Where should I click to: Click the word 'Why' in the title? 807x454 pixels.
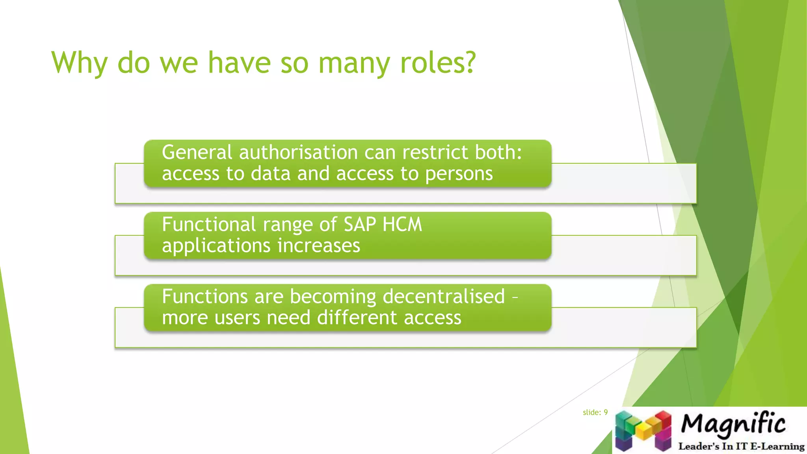pyautogui.click(x=79, y=63)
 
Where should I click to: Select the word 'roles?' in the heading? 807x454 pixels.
pyautogui.click(x=438, y=63)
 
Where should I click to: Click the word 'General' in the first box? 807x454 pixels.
pyautogui.click(x=197, y=152)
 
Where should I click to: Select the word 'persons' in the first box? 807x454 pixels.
pyautogui.click(x=459, y=174)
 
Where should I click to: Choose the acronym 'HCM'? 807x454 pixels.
pyautogui.click(x=402, y=224)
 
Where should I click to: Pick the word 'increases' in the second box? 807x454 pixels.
pyautogui.click(x=319, y=246)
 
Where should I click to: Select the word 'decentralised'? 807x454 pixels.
pyautogui.click(x=444, y=296)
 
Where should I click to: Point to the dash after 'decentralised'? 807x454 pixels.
pyautogui.click(x=515, y=297)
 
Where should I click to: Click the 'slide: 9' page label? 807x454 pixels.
pyautogui.click(x=595, y=412)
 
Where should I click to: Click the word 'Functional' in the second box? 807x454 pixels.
pyautogui.click(x=209, y=224)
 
